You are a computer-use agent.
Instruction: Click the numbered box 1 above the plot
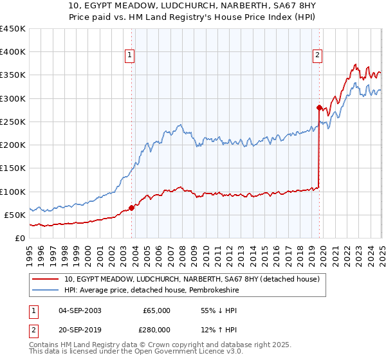pyautogui.click(x=130, y=56)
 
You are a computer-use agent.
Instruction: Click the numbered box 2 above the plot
pyautogui.click(x=318, y=56)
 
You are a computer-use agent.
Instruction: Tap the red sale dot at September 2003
pyautogui.click(x=131, y=208)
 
